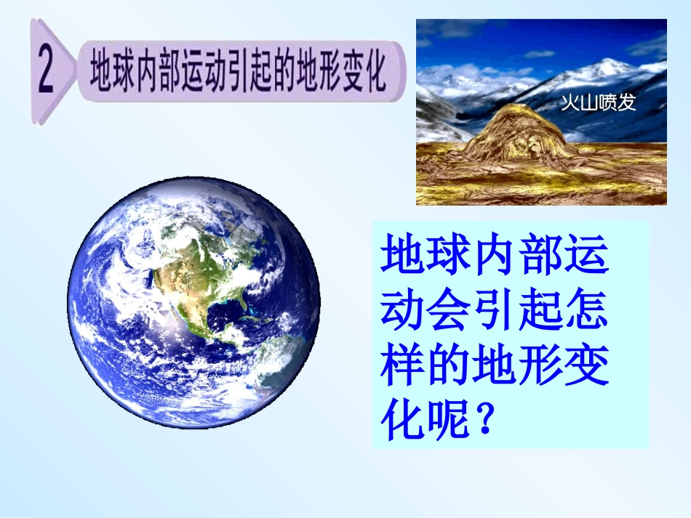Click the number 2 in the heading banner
tap(47, 72)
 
